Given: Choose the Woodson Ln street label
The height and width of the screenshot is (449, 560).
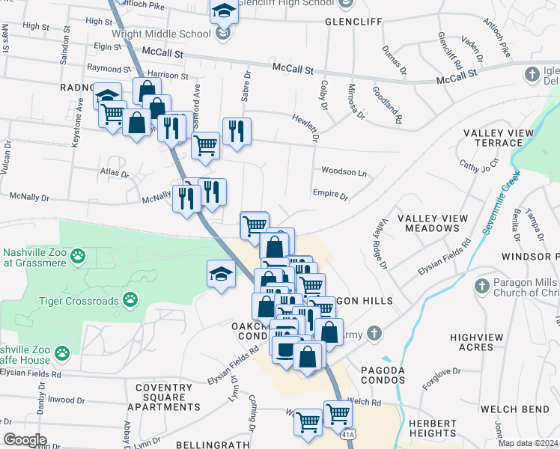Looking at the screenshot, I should [x=344, y=171].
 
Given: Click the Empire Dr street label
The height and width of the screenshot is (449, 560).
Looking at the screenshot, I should [x=330, y=196].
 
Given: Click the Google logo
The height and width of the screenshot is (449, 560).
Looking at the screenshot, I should [x=25, y=439].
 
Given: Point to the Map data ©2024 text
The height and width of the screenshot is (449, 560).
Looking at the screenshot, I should [x=527, y=443].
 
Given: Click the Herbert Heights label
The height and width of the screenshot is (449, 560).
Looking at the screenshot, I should [x=433, y=428].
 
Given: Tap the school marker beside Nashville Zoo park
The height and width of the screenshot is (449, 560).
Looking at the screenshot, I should [x=221, y=273].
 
